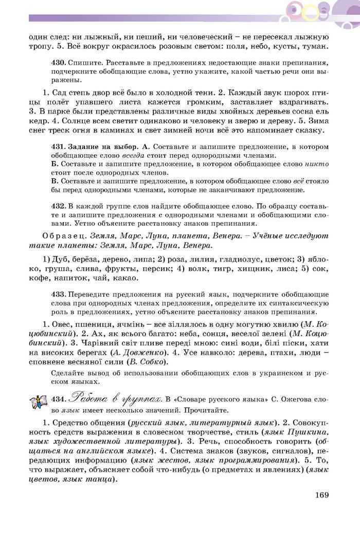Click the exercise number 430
pyautogui.click(x=59, y=62)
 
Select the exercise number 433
pyautogui.click(x=59, y=294)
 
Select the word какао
pyautogui.click(x=125, y=278)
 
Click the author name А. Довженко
pyautogui.click(x=139, y=353)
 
